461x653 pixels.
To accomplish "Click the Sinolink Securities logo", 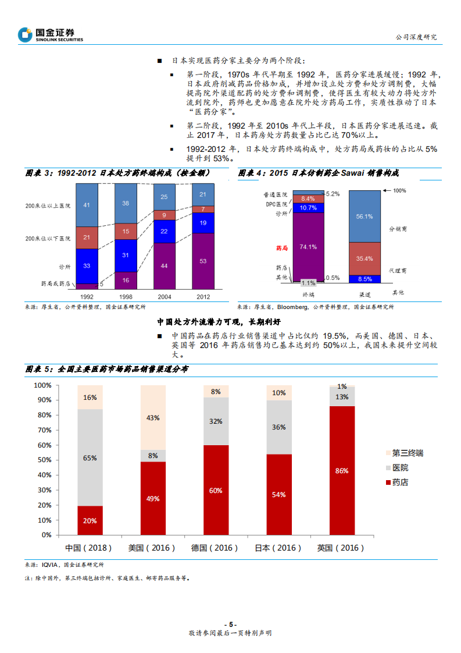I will point(51,35).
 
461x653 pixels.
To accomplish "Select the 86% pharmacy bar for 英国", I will point(341,470).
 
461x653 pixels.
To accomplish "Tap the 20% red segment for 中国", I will point(90,520).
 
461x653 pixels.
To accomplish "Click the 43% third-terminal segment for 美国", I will point(153,417).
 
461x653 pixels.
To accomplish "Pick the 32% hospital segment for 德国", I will point(216,421).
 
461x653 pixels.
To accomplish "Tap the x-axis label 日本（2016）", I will point(278,548).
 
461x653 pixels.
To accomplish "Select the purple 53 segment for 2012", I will point(203,261).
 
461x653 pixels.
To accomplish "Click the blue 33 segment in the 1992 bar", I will point(87,266).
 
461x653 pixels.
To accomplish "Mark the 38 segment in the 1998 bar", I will point(126,204).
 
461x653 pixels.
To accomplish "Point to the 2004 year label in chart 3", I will point(165,296).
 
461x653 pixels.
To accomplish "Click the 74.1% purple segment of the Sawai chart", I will point(309,247).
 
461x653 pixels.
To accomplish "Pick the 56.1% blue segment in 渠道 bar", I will point(364,216).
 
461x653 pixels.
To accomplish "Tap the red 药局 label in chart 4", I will point(281,247).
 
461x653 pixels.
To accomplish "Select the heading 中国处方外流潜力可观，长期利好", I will point(219,321).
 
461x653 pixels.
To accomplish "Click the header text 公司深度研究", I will point(416,37).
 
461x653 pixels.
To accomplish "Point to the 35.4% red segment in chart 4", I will point(364,258).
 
